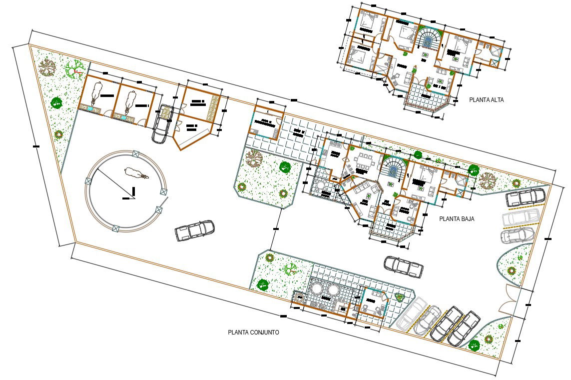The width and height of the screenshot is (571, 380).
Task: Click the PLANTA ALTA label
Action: pos(486,100)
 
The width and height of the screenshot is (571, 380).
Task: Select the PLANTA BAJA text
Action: pos(457,219)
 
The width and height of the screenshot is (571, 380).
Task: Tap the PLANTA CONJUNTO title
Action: pos(253,332)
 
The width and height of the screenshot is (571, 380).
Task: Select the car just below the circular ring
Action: pos(194,230)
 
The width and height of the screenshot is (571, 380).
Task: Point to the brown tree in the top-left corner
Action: pos(48,66)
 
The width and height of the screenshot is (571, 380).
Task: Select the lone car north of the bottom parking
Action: pos(404,266)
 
